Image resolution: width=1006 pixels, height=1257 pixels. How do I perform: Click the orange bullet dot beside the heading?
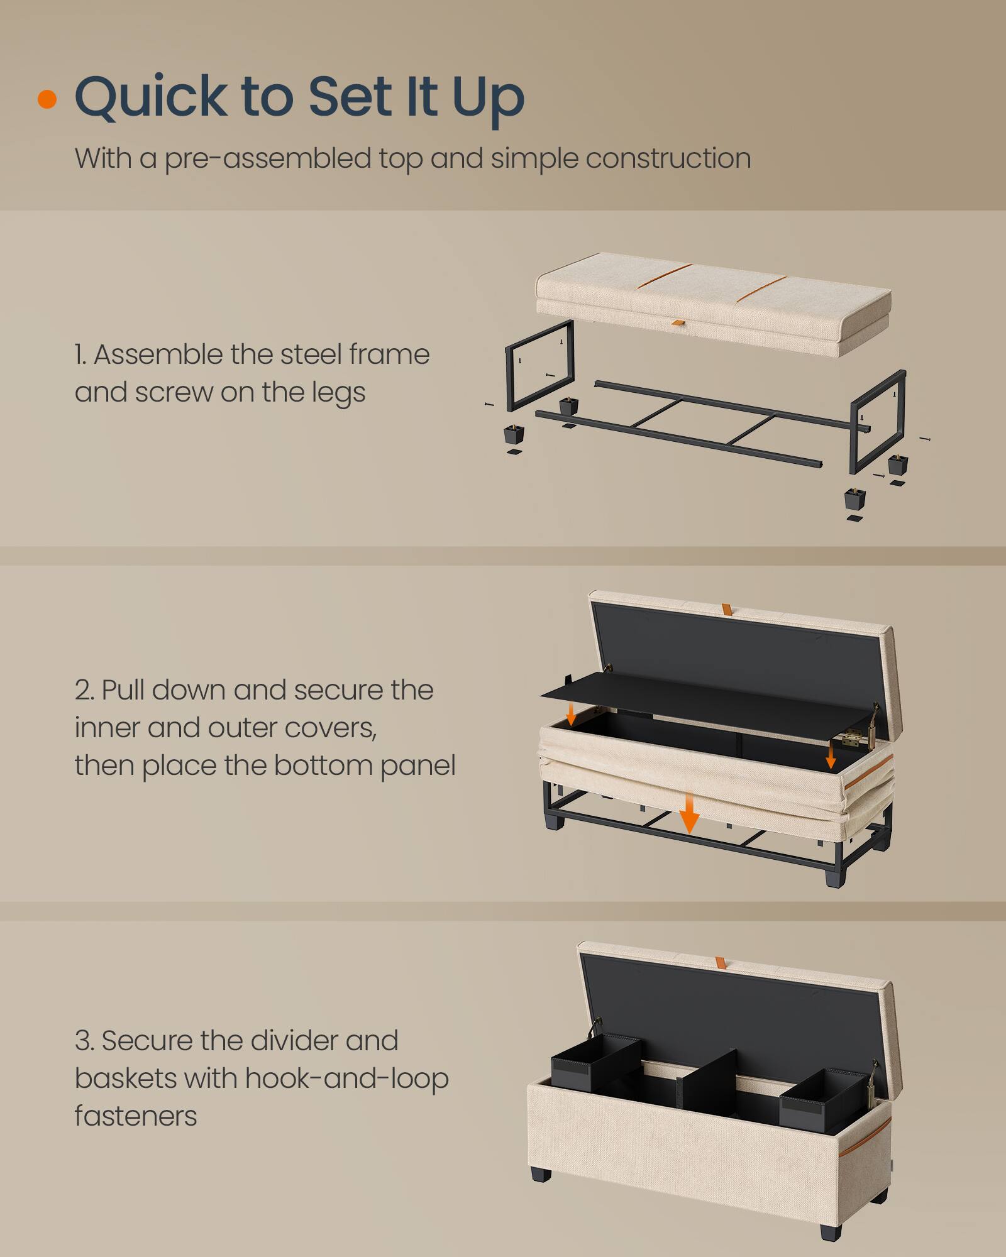coord(47,99)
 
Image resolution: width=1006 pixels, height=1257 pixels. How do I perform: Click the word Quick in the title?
coord(151,97)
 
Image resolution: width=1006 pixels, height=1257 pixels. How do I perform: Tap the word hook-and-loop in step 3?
coord(346,1079)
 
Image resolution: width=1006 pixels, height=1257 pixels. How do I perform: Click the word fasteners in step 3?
coord(135,1116)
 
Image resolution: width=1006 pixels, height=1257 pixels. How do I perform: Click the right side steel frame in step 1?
coord(878,421)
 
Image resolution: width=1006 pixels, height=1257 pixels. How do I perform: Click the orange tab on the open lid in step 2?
coord(727,609)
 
